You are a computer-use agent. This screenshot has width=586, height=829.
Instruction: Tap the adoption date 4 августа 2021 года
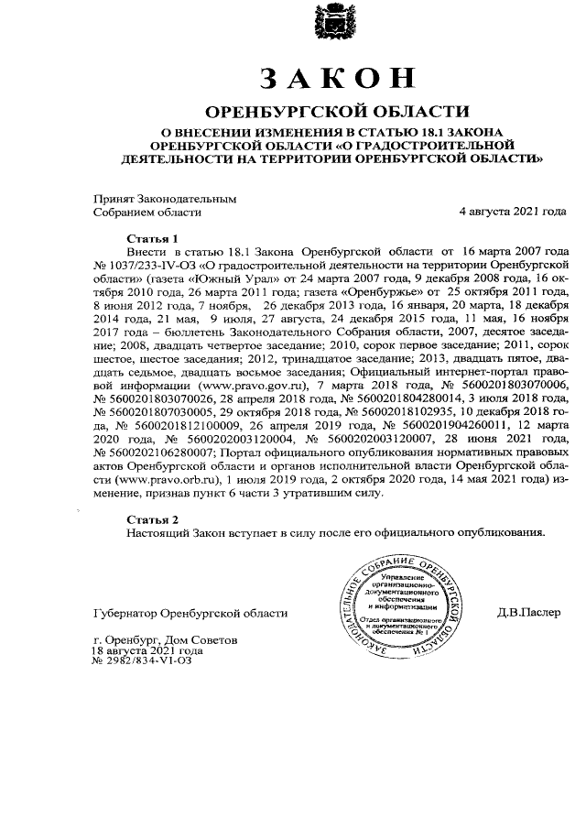(x=513, y=212)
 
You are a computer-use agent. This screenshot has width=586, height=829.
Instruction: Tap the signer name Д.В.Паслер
(x=529, y=611)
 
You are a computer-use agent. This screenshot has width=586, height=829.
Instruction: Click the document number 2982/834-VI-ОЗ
(x=147, y=660)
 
